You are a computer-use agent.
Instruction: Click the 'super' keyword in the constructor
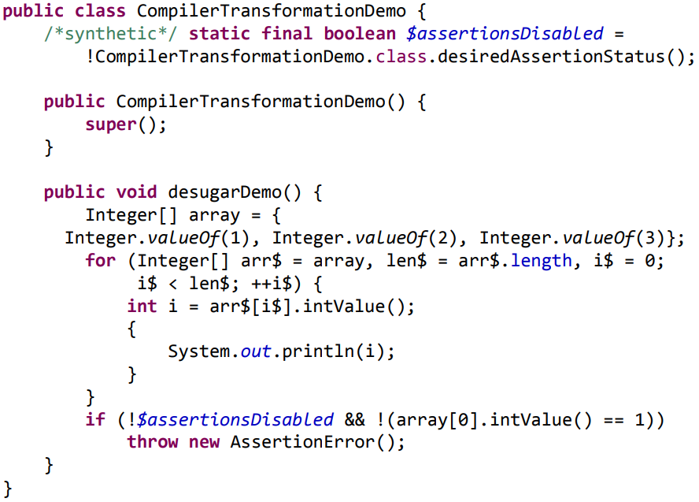[111, 125]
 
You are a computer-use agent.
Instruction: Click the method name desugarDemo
[226, 192]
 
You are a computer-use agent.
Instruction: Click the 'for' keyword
[101, 261]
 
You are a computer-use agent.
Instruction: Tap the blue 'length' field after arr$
[542, 261]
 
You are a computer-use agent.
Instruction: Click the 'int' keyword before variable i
[142, 307]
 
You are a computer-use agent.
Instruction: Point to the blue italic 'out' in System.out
[257, 351]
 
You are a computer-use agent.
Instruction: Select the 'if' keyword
[95, 419]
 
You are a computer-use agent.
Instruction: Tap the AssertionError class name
[303, 442]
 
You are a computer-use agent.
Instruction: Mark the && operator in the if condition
[355, 419]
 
